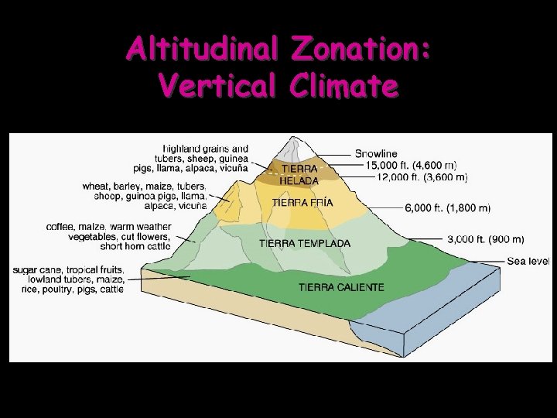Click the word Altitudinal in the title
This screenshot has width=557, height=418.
[203, 49]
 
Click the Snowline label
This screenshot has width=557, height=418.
[376, 154]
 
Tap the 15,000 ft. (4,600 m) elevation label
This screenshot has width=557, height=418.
[411, 166]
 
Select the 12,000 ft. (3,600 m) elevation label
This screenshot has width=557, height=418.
[422, 177]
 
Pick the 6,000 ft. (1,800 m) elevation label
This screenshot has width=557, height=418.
[447, 207]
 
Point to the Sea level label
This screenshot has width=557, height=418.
[528, 261]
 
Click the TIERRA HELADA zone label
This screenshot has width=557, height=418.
[299, 174]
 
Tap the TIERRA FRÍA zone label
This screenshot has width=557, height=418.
[302, 203]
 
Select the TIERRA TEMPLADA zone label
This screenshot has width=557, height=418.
[304, 243]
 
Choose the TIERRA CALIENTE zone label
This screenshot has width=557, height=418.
[341, 287]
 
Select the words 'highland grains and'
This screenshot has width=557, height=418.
[206, 148]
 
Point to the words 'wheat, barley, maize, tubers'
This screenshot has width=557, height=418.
[144, 186]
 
